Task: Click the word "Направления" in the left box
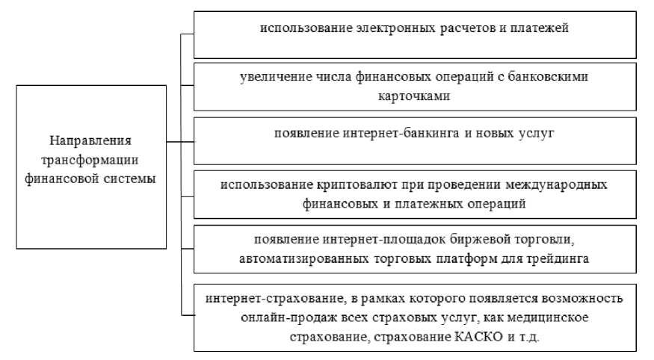pos(90,140)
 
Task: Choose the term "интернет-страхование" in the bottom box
pos(260,298)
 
